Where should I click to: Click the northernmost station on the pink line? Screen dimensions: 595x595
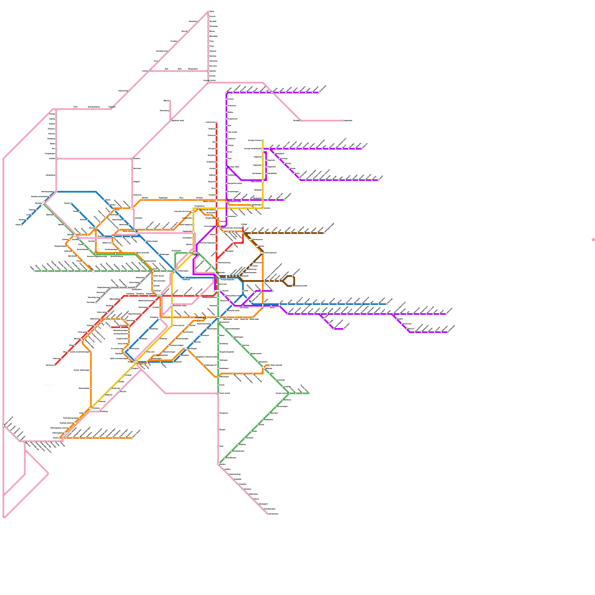click(208, 12)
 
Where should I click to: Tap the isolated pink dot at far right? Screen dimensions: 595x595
click(593, 239)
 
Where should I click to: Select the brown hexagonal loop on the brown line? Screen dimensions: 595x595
click(289, 281)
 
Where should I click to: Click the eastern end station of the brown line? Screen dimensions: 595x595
click(324, 233)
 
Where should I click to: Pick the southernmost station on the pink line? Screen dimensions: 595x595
click(268, 514)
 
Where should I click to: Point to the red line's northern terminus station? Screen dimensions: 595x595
click(216, 122)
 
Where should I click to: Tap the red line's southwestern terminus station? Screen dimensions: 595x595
click(55, 365)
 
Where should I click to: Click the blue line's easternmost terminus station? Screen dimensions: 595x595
click(387, 304)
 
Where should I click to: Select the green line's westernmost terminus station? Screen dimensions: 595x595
click(35, 271)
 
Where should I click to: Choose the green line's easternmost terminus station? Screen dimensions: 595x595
click(309, 393)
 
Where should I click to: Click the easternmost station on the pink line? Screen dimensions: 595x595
click(342, 120)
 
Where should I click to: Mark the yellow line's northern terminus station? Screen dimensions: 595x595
click(263, 141)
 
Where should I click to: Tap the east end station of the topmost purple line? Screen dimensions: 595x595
click(319, 92)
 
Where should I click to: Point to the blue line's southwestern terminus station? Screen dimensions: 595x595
click(22, 225)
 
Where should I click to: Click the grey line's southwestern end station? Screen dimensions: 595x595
click(96, 302)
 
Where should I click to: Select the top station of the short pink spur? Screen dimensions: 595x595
click(170, 101)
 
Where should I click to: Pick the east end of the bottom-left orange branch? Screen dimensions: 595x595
click(132, 438)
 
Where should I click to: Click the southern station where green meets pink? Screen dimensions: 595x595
click(218, 464)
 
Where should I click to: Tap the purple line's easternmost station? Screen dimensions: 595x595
click(448, 332)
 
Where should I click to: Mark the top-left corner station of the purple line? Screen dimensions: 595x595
click(226, 93)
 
